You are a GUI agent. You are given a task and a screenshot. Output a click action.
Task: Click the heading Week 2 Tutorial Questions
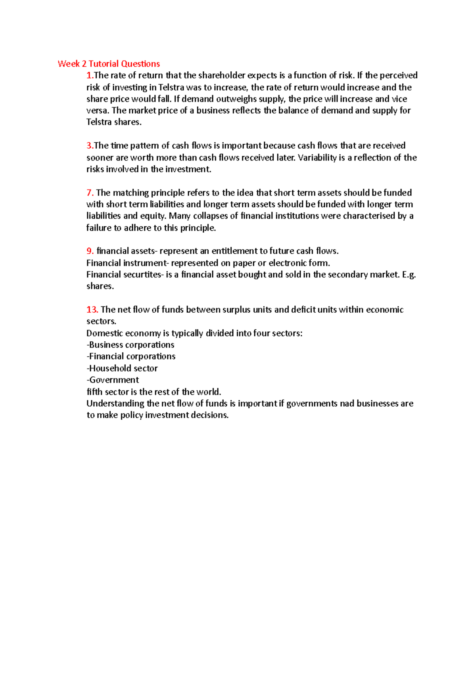[x=109, y=64]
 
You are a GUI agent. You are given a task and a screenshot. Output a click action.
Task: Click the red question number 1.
[x=90, y=75]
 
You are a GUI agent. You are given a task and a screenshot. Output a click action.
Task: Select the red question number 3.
[x=90, y=145]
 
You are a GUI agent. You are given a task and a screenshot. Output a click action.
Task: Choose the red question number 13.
[x=92, y=310]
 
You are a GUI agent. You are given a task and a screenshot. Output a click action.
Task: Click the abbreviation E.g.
[x=409, y=274]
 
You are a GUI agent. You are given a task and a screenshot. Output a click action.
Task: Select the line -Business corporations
[x=131, y=345]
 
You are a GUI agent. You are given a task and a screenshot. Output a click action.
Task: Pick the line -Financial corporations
[x=131, y=356]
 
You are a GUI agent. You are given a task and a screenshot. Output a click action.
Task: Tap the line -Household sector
[x=122, y=368]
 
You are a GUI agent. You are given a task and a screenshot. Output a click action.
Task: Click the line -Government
[x=113, y=380]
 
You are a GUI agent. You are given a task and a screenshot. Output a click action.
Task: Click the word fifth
[x=94, y=392]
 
